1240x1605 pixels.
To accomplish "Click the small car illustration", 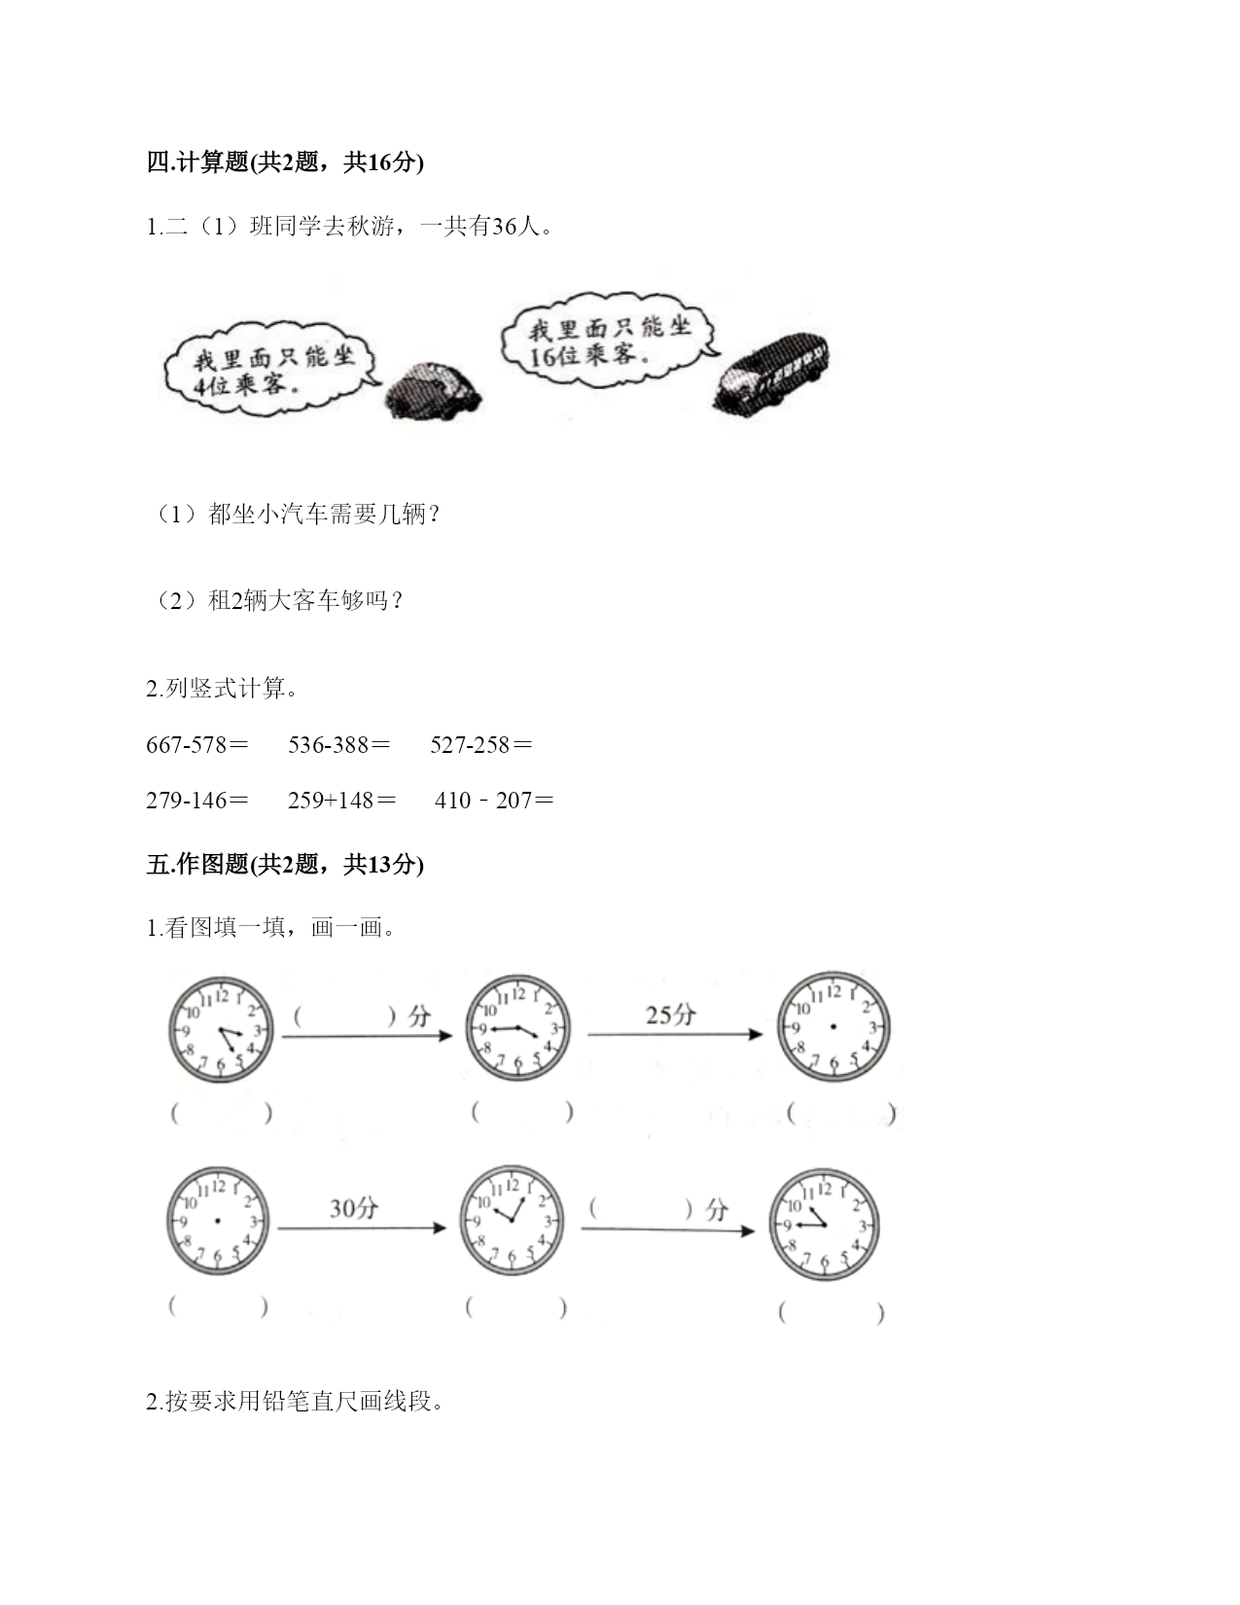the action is click(x=434, y=391).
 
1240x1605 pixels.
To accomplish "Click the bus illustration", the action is click(x=771, y=372).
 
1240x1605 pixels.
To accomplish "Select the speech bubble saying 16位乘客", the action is click(x=609, y=339).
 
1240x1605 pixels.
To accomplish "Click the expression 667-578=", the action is click(x=197, y=744).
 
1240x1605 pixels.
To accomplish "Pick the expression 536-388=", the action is click(x=339, y=744).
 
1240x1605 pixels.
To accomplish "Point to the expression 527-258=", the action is click(x=480, y=744).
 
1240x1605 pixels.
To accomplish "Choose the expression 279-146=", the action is click(x=197, y=800).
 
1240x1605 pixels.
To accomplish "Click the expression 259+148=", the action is click(x=341, y=800).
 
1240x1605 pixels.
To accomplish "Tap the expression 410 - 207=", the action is click(x=494, y=800).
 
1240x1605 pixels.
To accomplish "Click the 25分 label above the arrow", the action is click(x=671, y=1015).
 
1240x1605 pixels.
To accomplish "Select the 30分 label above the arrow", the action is click(x=354, y=1208).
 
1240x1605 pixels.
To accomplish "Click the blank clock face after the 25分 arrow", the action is click(x=833, y=1027).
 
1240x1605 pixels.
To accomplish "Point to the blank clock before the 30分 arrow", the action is click(x=218, y=1221).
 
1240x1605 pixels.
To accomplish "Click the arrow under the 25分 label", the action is click(x=675, y=1034).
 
